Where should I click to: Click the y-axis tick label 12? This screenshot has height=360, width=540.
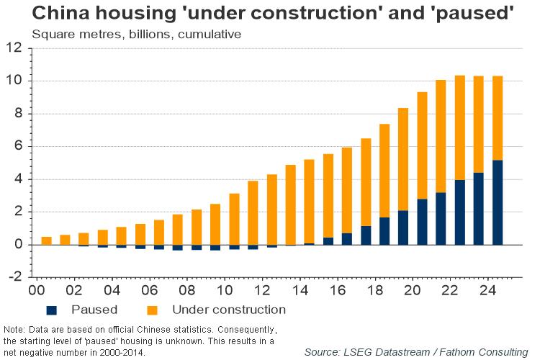[14, 48]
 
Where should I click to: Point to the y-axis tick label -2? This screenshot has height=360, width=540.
[14, 277]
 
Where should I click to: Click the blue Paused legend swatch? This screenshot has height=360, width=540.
[52, 310]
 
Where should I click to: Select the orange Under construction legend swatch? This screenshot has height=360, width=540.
[152, 310]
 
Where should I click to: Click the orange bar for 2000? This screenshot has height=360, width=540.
[46, 240]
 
